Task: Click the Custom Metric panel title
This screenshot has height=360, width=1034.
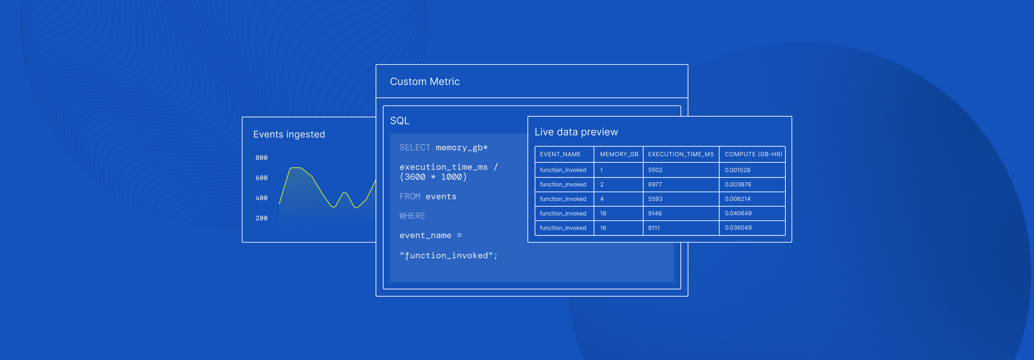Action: [x=424, y=82]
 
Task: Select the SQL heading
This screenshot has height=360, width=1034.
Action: [x=400, y=121]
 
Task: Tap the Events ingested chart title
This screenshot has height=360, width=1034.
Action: [x=289, y=134]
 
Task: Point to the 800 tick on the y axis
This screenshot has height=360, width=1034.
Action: [x=262, y=158]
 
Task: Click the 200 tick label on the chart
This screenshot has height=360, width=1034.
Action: [x=262, y=218]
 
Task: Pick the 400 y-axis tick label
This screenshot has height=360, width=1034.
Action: [x=262, y=198]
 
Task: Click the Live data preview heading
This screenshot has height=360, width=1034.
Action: [x=576, y=132]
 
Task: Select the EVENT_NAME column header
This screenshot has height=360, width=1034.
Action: [x=560, y=154]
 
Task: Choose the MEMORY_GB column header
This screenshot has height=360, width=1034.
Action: [x=619, y=154]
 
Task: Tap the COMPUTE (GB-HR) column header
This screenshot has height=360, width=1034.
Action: [x=753, y=154]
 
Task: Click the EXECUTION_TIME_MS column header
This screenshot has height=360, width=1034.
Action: [x=680, y=154]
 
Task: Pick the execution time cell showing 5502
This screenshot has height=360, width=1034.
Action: [x=655, y=170]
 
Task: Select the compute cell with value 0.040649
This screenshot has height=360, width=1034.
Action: [x=738, y=213]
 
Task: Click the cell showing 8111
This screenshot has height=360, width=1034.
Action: [x=654, y=228]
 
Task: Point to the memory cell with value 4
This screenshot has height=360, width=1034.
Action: [x=602, y=199]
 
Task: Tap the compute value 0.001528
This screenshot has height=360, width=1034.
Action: [x=737, y=170]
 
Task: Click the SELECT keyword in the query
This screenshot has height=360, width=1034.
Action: [x=415, y=148]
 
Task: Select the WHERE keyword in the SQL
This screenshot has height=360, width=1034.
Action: [x=412, y=216]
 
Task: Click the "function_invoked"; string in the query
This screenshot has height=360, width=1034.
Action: [x=448, y=256]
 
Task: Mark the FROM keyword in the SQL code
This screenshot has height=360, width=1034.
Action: [x=409, y=197]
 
